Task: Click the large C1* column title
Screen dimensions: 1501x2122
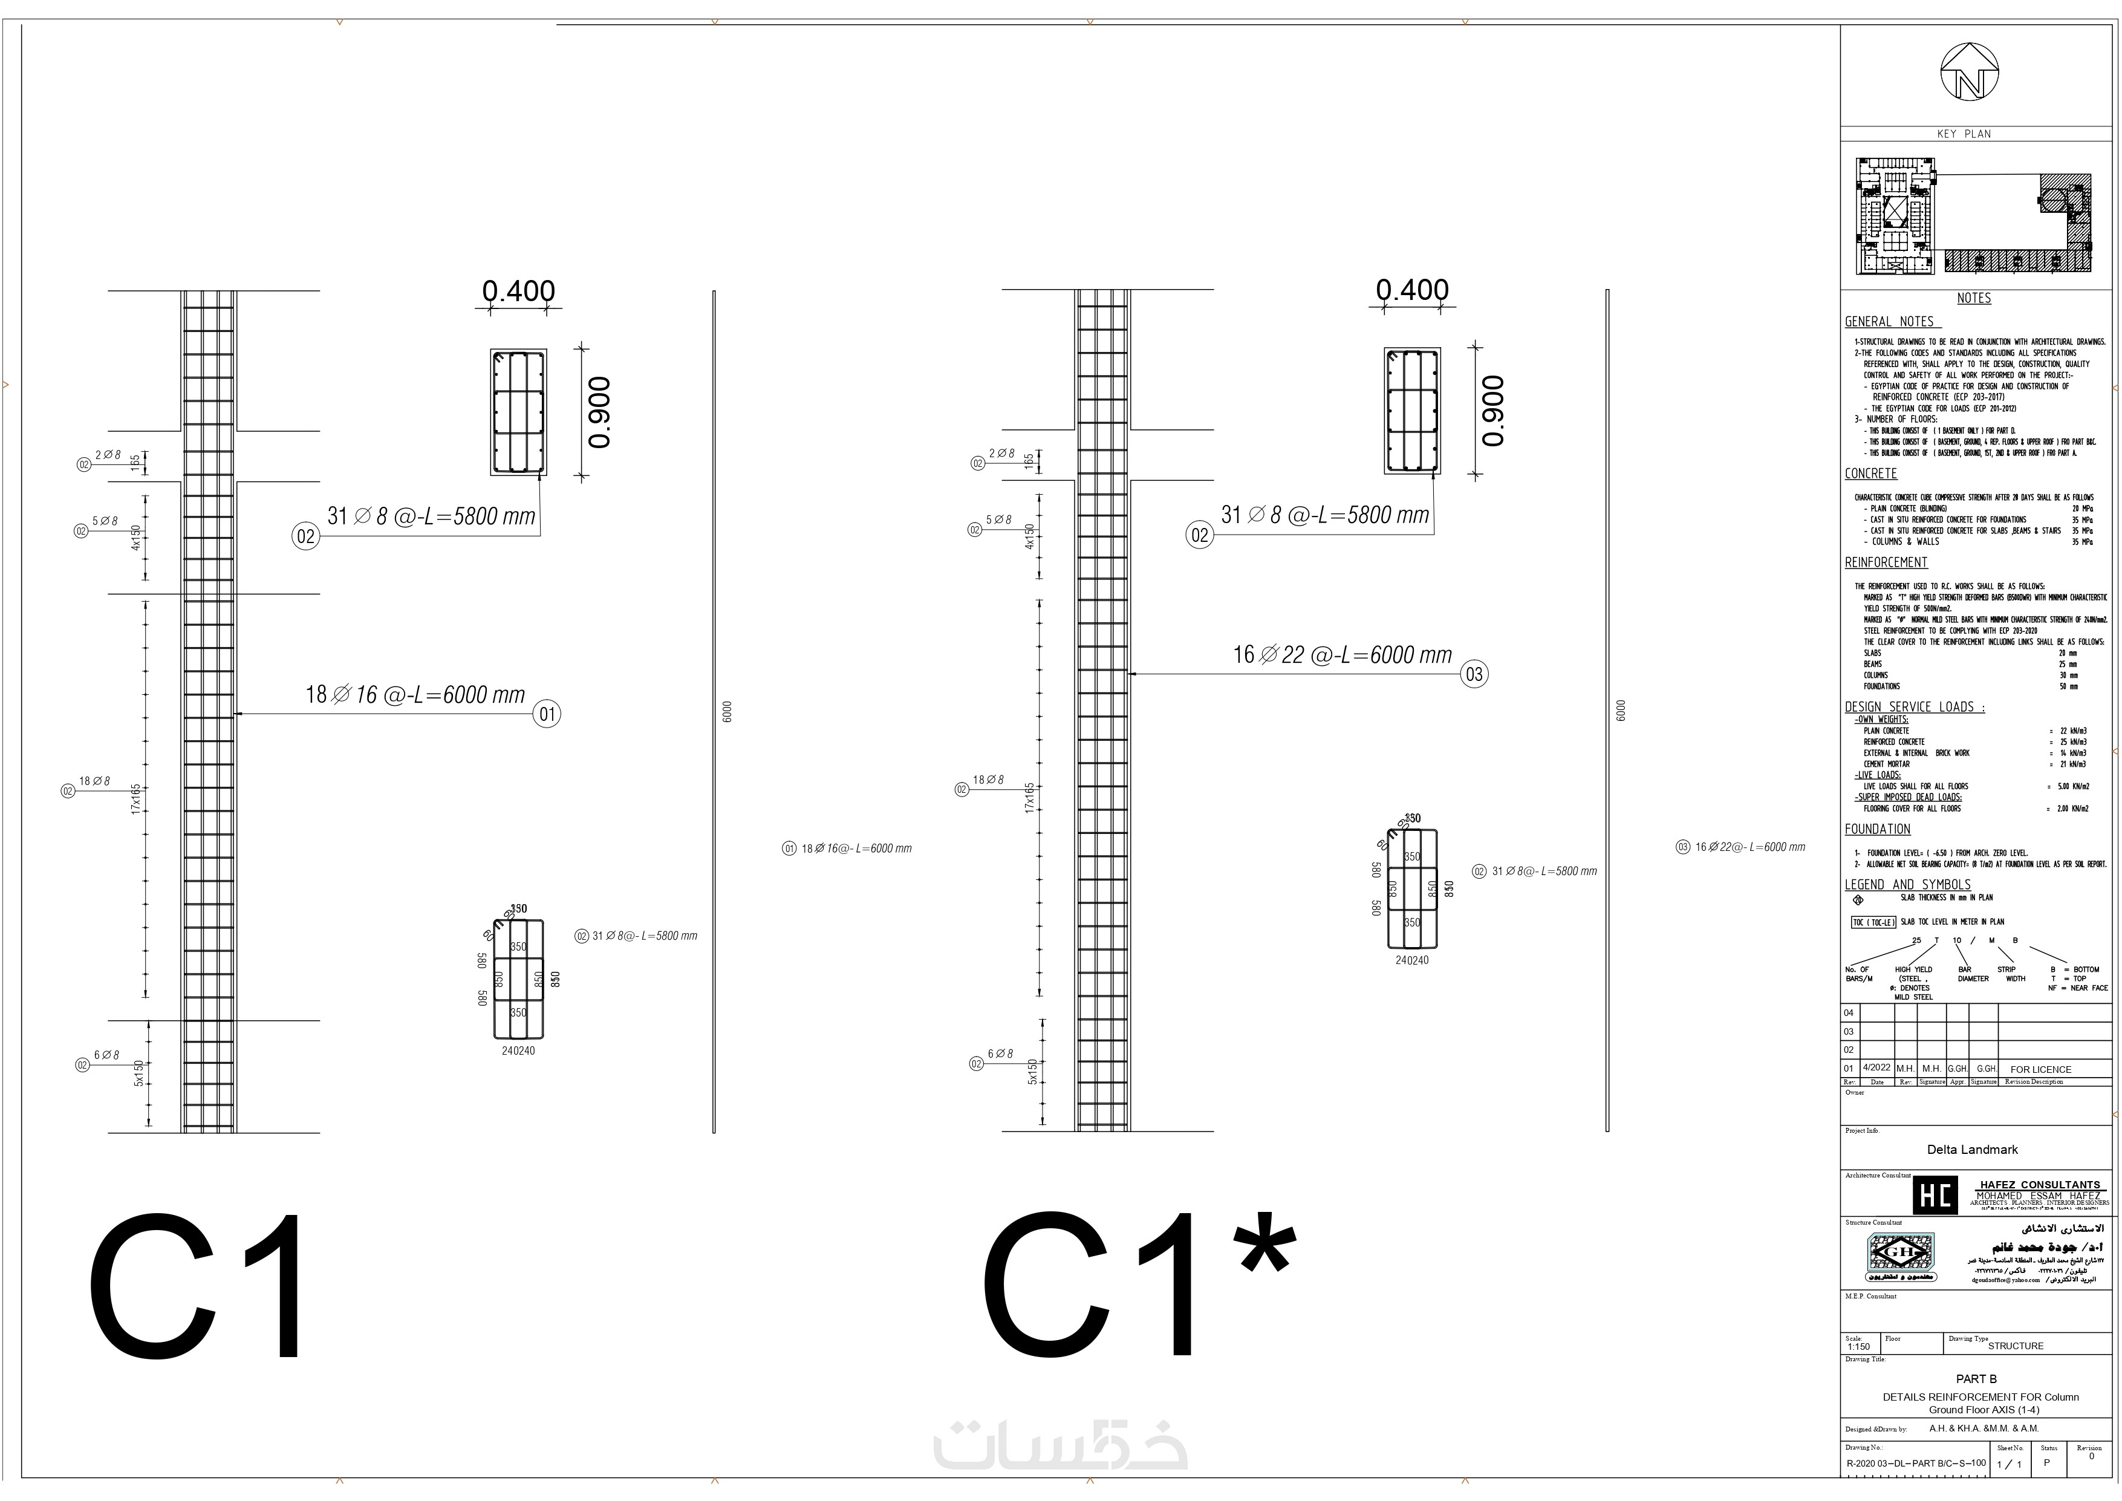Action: point(1139,1286)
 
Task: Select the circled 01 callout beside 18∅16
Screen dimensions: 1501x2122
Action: point(547,714)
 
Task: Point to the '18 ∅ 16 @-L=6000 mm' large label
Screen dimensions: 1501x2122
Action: point(415,695)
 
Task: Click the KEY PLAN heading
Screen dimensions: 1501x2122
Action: point(1975,135)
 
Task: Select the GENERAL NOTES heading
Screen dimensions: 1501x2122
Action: point(1889,322)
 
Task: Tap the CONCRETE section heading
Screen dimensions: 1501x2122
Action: point(1870,474)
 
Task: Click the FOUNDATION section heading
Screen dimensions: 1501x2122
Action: point(1877,830)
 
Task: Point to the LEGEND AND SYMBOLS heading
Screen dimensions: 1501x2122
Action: point(1907,885)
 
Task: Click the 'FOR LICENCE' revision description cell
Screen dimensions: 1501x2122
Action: point(2040,1069)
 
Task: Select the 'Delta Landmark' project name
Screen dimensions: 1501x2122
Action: point(1972,1150)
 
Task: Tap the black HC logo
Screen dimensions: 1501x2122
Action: point(1935,1195)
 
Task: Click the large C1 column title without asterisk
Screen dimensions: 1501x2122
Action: point(196,1286)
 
